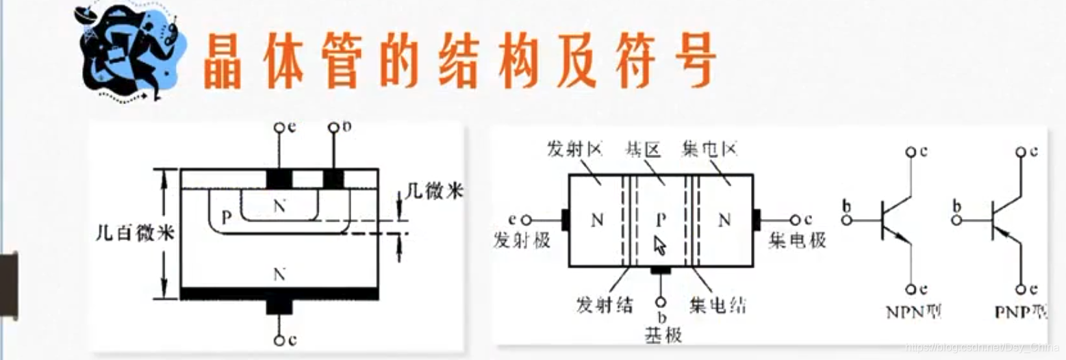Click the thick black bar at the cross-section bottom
coord(279,293)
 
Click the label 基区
coord(643,149)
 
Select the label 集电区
coord(710,149)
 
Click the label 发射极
coord(521,240)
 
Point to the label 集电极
coord(797,240)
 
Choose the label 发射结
coord(605,304)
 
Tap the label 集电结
coord(715,304)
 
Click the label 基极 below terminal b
coord(661,333)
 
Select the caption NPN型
coord(911,312)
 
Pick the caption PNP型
coord(1020,312)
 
